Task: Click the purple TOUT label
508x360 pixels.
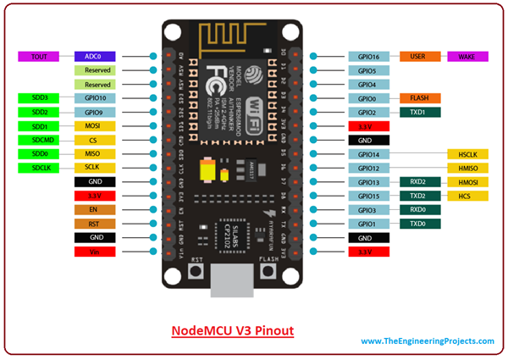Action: pyautogui.click(x=38, y=57)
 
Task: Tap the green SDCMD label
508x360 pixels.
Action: pyautogui.click(x=38, y=141)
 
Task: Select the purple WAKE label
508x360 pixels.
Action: pyautogui.click(x=467, y=57)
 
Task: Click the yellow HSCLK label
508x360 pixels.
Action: pyautogui.click(x=467, y=154)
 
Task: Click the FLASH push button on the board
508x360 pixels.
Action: pyautogui.click(x=270, y=271)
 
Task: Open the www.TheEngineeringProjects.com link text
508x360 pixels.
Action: pyautogui.click(x=428, y=341)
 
